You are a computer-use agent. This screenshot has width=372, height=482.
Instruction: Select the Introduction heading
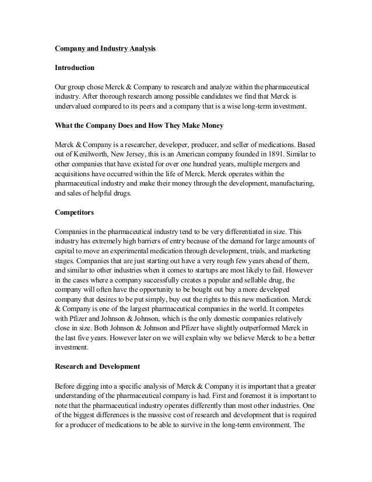coord(75,68)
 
